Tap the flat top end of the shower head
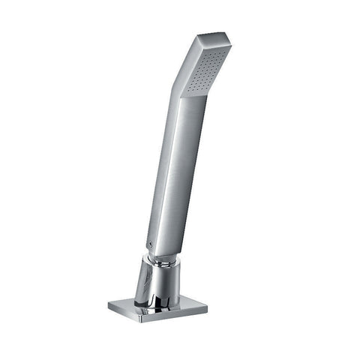(213, 38)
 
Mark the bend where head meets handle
(180, 90)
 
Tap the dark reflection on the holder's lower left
(142, 289)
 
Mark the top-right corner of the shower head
(231, 42)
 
